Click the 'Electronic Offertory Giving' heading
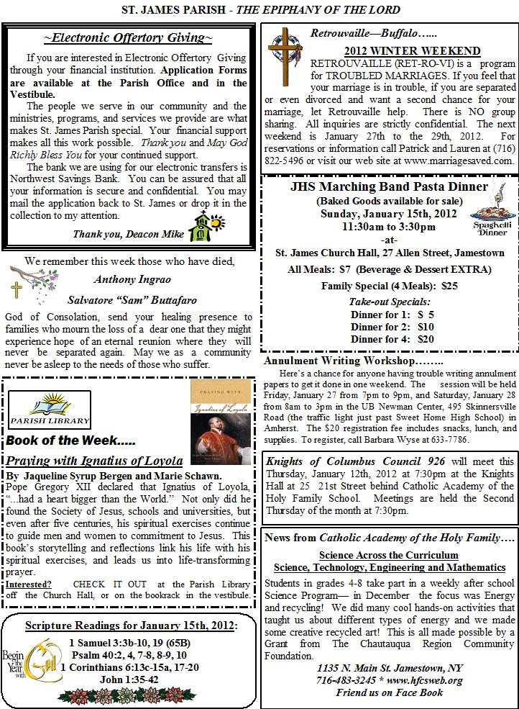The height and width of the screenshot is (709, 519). (128, 37)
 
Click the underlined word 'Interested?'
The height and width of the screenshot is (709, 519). (29, 584)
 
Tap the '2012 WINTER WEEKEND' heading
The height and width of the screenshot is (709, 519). (412, 51)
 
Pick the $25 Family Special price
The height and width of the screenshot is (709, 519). (449, 286)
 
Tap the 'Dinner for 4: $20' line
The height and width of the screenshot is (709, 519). (392, 338)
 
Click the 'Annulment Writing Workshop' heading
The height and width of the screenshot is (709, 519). (354, 361)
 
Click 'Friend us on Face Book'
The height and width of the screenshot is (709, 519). (389, 693)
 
